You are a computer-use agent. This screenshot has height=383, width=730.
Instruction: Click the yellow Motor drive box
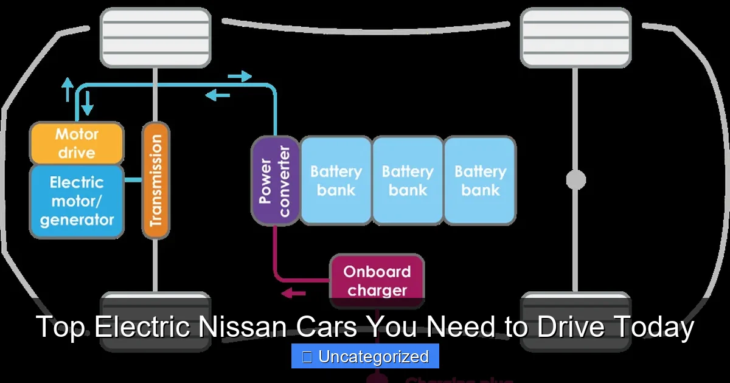tap(77, 143)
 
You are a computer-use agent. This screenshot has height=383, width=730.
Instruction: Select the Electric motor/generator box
tap(77, 201)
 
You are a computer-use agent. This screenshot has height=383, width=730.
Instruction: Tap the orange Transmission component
tap(156, 181)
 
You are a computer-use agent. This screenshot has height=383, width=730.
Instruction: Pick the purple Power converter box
tap(275, 181)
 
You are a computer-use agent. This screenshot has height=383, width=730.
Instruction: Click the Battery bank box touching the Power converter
tap(336, 181)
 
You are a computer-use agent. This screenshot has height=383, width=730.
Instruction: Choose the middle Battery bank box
tap(408, 181)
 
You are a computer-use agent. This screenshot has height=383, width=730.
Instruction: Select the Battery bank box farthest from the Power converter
tap(480, 181)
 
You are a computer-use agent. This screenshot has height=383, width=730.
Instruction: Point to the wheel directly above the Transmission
tap(155, 38)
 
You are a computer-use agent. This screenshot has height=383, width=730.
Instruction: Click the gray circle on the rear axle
tap(575, 180)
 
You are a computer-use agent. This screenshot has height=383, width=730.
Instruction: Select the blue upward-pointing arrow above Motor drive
tap(68, 89)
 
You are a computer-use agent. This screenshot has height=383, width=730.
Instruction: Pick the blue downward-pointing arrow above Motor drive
tap(88, 102)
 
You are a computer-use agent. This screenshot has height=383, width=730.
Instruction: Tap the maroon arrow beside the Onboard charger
tap(294, 294)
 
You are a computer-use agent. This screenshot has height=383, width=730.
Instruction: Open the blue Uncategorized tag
tap(365, 356)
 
